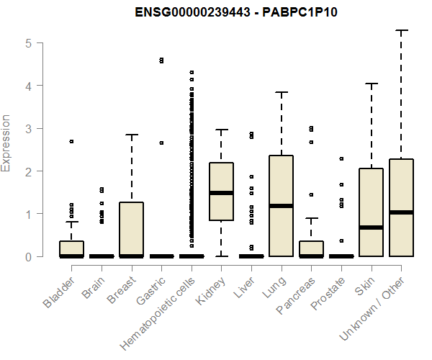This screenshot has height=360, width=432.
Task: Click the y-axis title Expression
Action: coord(6,143)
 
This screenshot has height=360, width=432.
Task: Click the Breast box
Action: coord(132,229)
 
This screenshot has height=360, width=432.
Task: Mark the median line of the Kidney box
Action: coord(222,193)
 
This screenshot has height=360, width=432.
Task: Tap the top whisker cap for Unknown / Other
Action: coord(401,30)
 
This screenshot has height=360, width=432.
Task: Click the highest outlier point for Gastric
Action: coord(161,60)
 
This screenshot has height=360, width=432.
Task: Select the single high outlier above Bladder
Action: coord(72,141)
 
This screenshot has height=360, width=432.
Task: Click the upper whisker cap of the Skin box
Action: coord(372,84)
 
